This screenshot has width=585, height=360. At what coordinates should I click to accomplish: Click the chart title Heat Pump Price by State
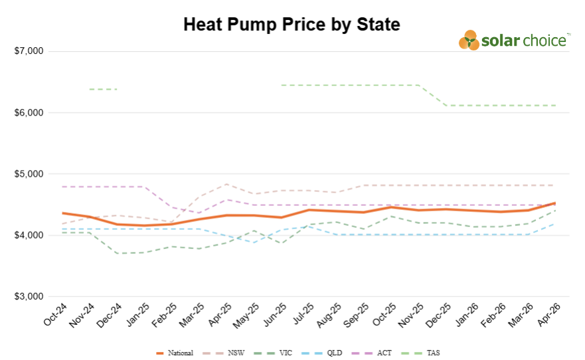292,25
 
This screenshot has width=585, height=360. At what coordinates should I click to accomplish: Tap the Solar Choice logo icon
469,40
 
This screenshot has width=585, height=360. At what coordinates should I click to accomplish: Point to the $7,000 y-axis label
29,51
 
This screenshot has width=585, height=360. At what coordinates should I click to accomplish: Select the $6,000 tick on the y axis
29,113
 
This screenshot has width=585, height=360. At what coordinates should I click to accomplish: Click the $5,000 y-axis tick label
29,174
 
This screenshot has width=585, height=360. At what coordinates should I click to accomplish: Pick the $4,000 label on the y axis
29,235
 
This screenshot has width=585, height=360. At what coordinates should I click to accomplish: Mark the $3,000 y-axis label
29,296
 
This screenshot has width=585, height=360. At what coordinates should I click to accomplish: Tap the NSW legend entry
230,353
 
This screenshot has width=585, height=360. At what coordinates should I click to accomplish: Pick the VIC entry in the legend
278,353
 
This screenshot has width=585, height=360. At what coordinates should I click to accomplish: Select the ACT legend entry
378,353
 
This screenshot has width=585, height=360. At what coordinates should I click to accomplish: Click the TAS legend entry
428,353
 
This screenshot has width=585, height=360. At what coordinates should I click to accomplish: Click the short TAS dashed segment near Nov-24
103,89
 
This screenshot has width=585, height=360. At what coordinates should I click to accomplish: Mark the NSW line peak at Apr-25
226,184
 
